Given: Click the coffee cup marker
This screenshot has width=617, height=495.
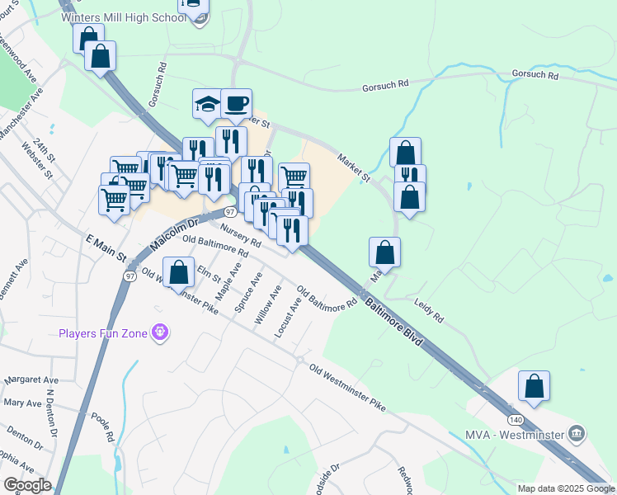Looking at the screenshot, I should click(236, 104).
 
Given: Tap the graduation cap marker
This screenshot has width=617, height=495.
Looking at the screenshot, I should click(208, 104).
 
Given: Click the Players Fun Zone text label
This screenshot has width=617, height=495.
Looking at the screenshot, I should click(102, 333).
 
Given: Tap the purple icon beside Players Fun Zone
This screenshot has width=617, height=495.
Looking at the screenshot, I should click(159, 332).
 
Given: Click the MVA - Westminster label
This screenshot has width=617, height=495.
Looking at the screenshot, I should click(525, 434).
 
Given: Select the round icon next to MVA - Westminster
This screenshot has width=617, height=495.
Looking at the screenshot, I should click(577, 433).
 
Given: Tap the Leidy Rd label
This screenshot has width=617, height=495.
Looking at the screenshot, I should click(429, 310).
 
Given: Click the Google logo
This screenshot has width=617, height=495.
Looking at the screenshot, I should click(26, 485).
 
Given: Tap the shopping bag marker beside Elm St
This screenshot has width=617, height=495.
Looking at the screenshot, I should click(178, 271).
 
